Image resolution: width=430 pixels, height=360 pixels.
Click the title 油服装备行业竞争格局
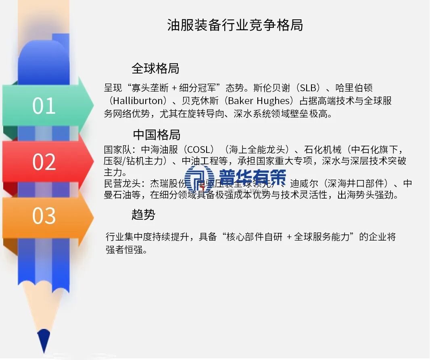[x=235, y=25]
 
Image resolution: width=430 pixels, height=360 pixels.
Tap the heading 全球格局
[x=155, y=68]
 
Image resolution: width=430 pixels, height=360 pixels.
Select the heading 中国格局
[x=157, y=134]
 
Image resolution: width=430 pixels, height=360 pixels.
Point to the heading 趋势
[x=143, y=215]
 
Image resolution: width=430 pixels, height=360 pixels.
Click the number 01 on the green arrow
[x=44, y=106]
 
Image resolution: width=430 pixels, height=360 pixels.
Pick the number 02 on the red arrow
[x=44, y=162]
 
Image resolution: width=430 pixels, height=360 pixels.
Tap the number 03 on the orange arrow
[x=44, y=216]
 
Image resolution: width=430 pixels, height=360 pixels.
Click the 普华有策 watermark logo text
[x=253, y=177]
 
